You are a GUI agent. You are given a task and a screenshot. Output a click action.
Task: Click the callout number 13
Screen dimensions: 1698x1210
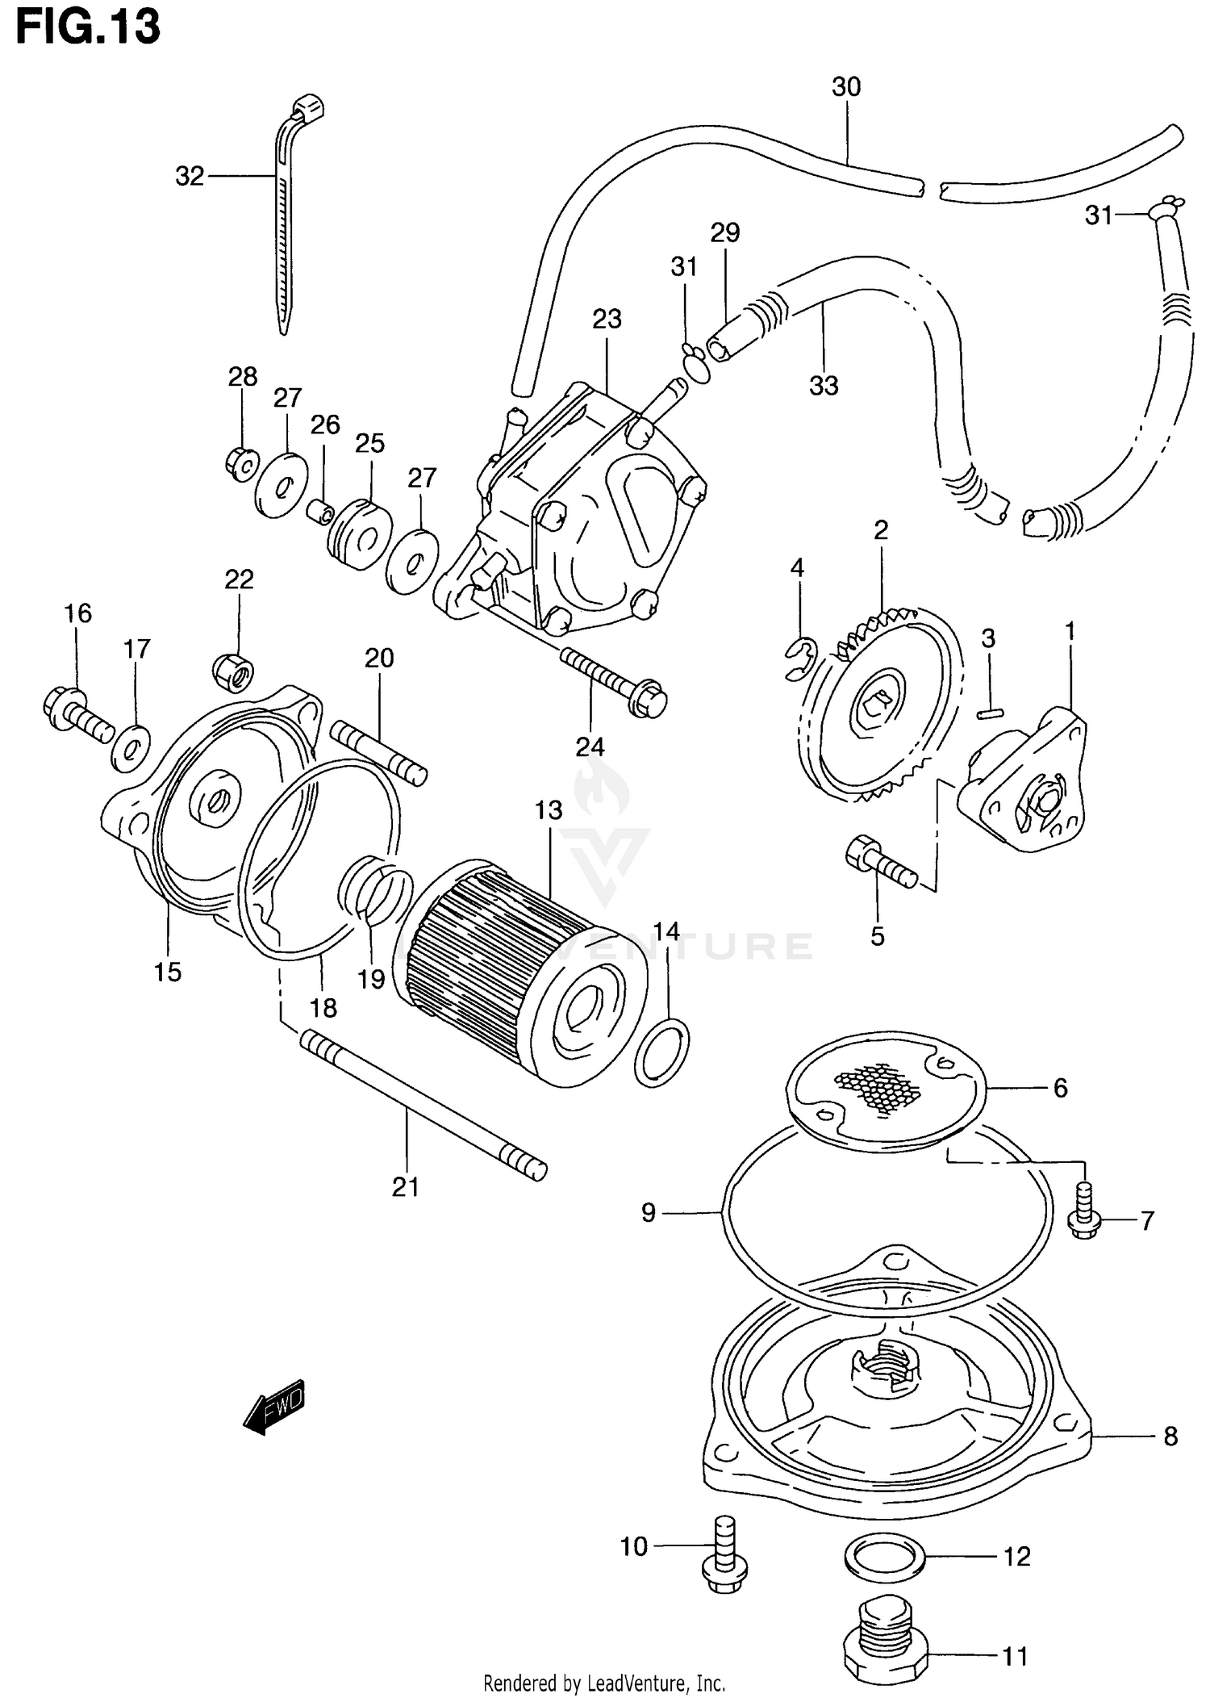click(549, 809)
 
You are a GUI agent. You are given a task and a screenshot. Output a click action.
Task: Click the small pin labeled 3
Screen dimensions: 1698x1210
click(990, 713)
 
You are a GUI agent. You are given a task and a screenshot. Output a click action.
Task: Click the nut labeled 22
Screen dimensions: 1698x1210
click(234, 672)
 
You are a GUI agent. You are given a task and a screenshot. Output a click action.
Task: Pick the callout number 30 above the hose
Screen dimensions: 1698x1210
click(846, 86)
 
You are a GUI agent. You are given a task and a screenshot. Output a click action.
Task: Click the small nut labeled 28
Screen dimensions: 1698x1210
click(240, 464)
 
